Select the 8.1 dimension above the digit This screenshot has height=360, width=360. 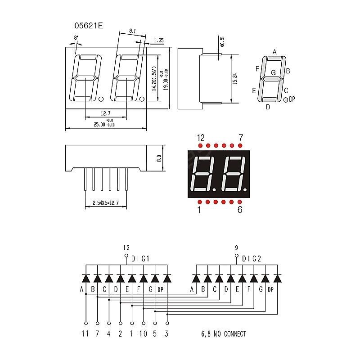pyautogui.click(x=132, y=31)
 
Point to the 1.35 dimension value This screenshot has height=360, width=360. pyautogui.click(x=158, y=40)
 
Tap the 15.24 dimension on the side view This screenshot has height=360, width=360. pyautogui.click(x=234, y=78)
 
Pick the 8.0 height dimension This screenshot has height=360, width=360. pyautogui.click(x=158, y=159)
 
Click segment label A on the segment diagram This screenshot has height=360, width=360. pyautogui.click(x=274, y=52)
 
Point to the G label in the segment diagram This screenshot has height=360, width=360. pyautogui.click(x=273, y=72)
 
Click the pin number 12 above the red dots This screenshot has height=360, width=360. pyautogui.click(x=201, y=137)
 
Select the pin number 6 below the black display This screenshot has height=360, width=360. pyautogui.click(x=239, y=210)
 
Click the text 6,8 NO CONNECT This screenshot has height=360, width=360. pyautogui.click(x=223, y=334)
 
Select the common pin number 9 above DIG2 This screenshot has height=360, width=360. pyautogui.click(x=237, y=247)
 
